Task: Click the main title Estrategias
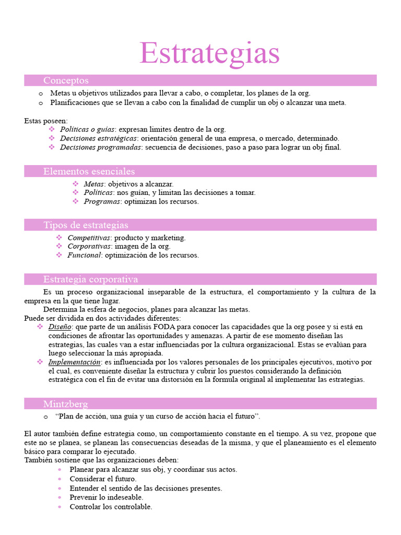pos(209,53)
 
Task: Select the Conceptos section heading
pos(66,80)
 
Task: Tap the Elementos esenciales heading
pos(89,171)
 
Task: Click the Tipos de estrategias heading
pos(86,225)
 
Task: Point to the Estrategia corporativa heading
pos(90,280)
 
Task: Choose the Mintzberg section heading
pos(65,404)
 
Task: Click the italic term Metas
pos(94,184)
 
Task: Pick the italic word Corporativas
pos(89,247)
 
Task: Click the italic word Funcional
pos(84,255)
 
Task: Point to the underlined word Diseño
pos(60,327)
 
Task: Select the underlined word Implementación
pos(74,362)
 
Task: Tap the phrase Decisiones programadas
pos(101,147)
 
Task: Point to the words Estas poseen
pos(45,121)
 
